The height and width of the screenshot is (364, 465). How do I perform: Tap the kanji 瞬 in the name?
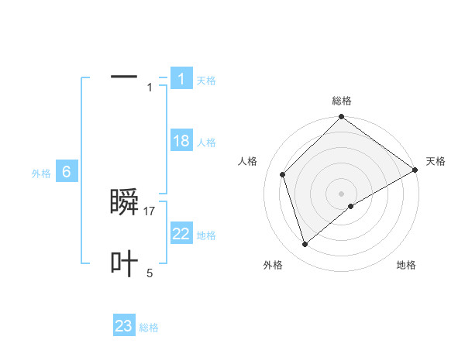click(x=125, y=202)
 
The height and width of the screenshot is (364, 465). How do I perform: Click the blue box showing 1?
click(x=181, y=78)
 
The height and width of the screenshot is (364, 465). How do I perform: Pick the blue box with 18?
click(x=181, y=141)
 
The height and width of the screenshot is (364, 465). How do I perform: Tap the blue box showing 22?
click(x=181, y=234)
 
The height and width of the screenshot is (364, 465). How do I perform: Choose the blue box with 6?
click(x=67, y=173)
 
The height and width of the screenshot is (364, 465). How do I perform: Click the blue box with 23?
click(x=124, y=326)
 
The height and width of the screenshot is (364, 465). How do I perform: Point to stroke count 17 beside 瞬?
click(x=150, y=211)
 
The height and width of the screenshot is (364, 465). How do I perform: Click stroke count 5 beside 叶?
click(x=150, y=273)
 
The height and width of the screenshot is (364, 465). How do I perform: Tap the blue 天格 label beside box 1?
click(x=206, y=81)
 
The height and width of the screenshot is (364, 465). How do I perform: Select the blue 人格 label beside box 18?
click(x=206, y=143)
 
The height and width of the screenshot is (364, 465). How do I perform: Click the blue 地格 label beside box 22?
click(x=206, y=235)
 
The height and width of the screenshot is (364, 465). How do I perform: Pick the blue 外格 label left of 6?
click(x=41, y=174)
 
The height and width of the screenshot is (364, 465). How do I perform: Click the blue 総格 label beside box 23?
click(x=149, y=328)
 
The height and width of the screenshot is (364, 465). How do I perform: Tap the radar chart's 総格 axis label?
click(x=342, y=101)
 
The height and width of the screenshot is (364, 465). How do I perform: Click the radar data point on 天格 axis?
click(x=415, y=170)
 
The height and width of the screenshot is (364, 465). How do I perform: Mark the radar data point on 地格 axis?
click(x=351, y=206)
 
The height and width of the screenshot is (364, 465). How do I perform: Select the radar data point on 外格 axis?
click(x=305, y=245)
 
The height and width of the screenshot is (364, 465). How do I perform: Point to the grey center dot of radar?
click(x=341, y=193)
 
